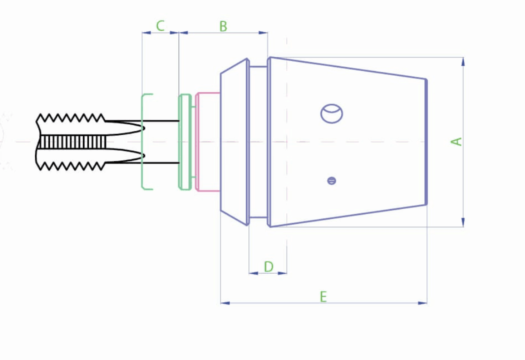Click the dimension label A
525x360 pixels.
(456, 141)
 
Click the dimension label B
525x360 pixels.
(223, 26)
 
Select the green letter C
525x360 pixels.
(160, 26)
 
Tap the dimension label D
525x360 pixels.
(268, 267)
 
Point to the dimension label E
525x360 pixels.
(323, 297)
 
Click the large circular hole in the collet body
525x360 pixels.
(331, 113)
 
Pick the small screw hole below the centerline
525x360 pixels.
(331, 180)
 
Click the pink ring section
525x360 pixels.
(207, 141)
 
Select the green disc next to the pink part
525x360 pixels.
(185, 141)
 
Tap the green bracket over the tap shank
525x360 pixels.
(144, 141)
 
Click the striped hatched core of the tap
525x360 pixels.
(72, 142)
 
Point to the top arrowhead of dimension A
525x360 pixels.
(463, 61)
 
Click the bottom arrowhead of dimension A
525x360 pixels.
(463, 222)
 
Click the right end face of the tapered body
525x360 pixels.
(426, 141)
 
